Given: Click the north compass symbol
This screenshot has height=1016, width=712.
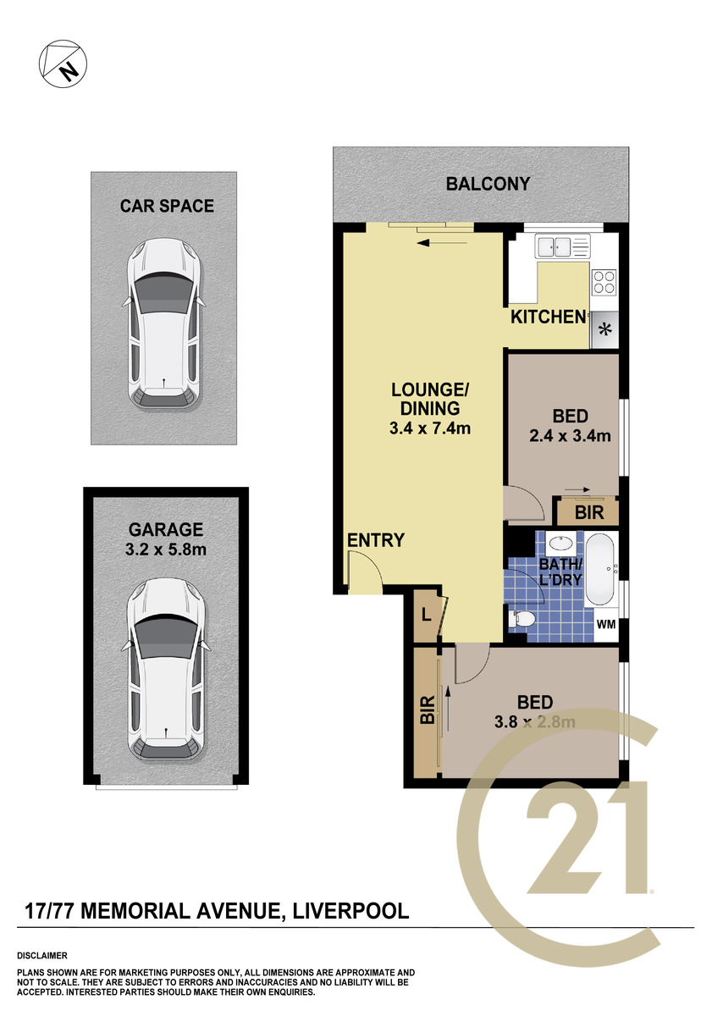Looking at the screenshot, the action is coord(63,63).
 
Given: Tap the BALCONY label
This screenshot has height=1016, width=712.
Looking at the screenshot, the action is coord(488,184).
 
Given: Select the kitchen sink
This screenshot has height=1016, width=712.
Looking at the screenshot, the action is coord(562,246).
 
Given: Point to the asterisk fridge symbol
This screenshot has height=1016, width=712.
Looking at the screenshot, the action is coord(605,329).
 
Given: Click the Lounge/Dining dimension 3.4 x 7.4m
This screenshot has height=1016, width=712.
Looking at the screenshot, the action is coord(429,428).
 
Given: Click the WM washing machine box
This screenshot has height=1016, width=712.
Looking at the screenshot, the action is coord(606,625).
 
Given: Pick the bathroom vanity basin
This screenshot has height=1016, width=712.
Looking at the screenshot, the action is coord(560,544).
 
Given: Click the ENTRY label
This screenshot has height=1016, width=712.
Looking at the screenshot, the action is coord(376,540).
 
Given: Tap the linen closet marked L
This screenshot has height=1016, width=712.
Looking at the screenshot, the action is coord(428,616).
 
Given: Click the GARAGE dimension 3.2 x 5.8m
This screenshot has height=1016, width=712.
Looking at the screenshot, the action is coord(166,549).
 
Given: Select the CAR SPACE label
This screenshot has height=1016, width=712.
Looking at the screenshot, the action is coord(167,206).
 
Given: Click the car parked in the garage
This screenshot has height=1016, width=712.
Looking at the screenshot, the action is coord(166,669).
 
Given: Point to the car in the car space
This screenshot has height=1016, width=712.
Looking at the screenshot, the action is coord(163,324).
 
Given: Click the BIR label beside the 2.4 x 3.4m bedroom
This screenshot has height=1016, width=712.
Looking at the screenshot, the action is coord(589,513).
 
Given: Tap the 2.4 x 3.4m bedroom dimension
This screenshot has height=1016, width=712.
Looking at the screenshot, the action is coord(570,436).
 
